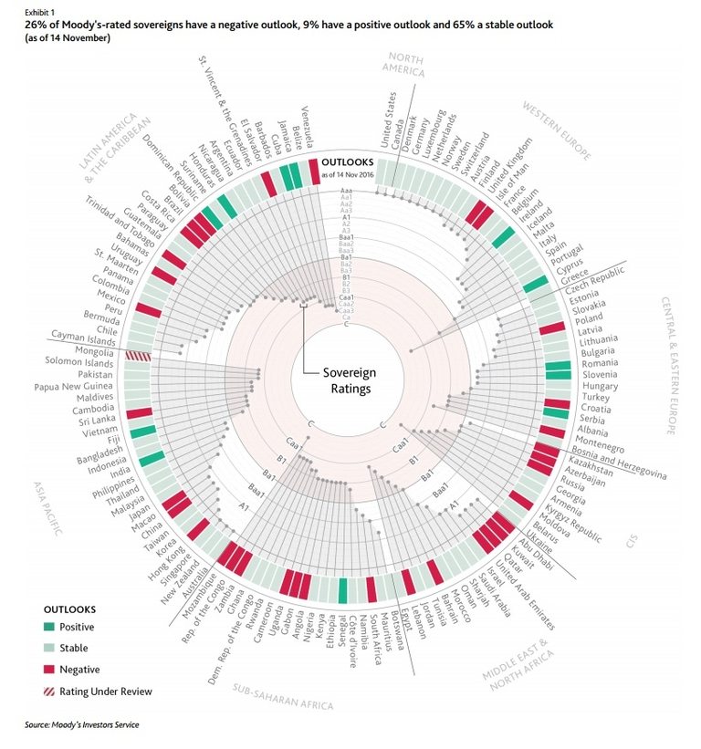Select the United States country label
click(x=387, y=119)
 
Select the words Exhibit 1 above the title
click(x=28, y=9)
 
